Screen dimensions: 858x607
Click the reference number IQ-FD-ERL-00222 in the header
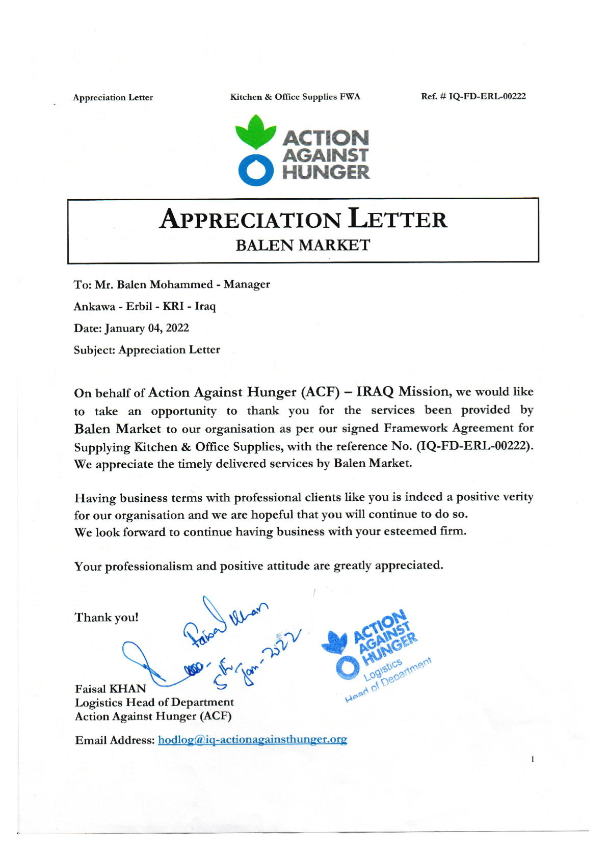487,96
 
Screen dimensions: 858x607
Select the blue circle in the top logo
256,170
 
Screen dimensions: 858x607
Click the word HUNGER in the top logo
326,172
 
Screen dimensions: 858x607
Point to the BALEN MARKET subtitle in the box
303,245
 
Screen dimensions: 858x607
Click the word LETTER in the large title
398,219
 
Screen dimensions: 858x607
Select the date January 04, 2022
147,328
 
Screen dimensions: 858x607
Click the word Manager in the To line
247,284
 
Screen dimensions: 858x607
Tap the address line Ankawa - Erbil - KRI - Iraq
145,306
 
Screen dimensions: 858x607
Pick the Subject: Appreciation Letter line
147,350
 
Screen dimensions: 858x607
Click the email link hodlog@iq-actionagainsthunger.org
252,739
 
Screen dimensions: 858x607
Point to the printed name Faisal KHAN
111,689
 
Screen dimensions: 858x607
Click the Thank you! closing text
107,618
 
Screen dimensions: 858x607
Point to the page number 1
533,760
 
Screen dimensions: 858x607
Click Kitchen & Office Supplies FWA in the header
295,97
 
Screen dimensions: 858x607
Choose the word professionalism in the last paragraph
149,567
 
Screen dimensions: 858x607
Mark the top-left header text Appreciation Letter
113,97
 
